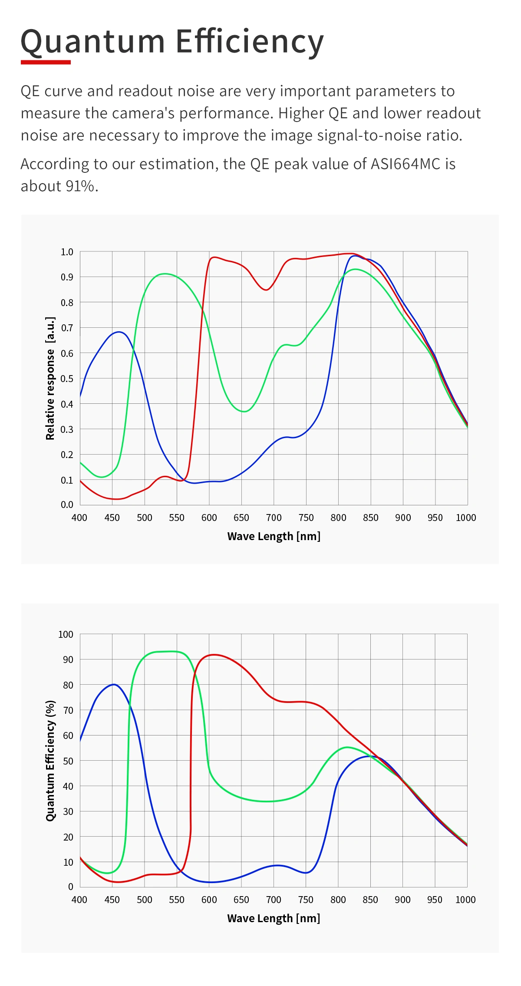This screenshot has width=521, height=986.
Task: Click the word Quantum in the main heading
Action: click(x=92, y=42)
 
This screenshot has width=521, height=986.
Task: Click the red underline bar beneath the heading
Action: click(x=46, y=62)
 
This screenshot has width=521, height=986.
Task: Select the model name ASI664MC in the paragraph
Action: click(x=406, y=164)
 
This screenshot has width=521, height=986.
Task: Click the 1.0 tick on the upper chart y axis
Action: click(x=67, y=252)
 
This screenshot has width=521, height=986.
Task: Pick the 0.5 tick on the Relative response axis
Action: click(x=67, y=379)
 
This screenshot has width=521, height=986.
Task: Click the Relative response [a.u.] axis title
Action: click(x=50, y=378)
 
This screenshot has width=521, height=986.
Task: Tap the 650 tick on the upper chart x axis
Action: click(x=241, y=518)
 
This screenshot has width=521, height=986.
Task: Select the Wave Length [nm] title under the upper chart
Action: click(x=274, y=536)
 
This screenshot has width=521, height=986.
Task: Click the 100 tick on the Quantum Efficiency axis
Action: click(x=66, y=634)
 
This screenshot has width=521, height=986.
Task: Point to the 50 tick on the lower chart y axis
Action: click(x=68, y=761)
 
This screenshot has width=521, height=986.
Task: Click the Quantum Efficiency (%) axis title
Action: click(x=50, y=760)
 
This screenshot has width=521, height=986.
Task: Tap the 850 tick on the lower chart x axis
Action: click(x=370, y=900)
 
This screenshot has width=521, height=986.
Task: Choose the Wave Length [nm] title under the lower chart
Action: click(x=274, y=918)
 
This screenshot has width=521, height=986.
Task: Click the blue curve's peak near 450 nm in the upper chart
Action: click(x=119, y=332)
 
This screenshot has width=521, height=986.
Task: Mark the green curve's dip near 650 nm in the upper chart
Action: click(x=244, y=411)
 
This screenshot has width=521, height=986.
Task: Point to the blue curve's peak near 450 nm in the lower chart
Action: click(x=114, y=685)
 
